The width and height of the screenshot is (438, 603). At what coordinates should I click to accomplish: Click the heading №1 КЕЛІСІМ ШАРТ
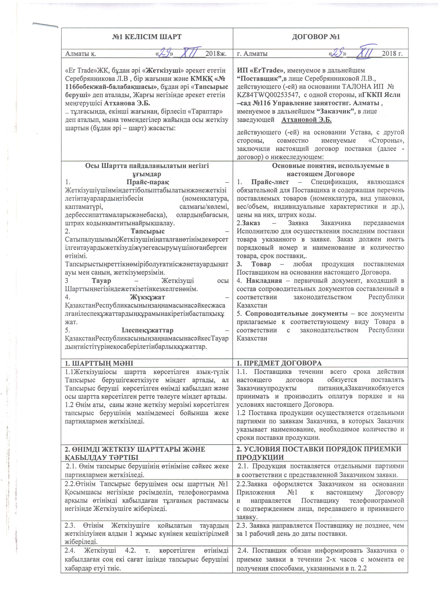[147, 37]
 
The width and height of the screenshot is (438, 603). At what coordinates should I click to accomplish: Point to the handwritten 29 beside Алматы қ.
[164, 53]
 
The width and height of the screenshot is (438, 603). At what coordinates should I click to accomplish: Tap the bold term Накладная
[264, 281]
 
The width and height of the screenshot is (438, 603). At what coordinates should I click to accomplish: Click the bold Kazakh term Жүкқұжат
[147, 297]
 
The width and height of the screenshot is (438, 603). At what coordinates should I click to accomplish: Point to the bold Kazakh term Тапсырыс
[147, 231]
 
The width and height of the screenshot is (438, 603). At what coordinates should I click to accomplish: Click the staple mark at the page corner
[45, 25]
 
